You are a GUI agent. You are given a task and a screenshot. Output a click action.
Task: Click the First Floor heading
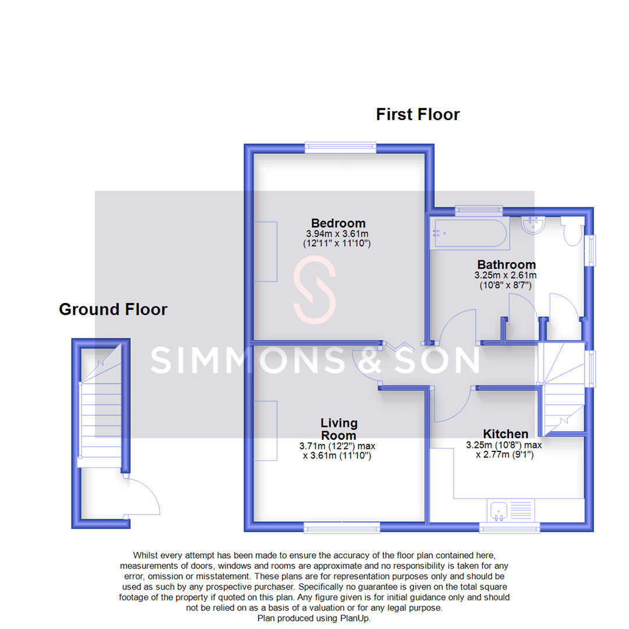click(418, 114)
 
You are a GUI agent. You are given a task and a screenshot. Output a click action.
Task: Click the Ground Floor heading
click(113, 309)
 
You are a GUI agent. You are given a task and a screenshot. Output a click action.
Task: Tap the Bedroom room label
click(338, 223)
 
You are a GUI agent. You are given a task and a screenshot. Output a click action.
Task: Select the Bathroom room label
click(506, 264)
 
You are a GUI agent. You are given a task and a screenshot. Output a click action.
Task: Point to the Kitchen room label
click(506, 434)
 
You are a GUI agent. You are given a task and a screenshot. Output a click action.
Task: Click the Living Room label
click(339, 429)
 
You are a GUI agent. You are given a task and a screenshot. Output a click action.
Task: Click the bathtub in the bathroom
click(468, 234)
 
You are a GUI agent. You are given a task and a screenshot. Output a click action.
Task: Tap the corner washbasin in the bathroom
click(533, 225)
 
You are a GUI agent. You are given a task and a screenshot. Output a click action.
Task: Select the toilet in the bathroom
click(572, 231)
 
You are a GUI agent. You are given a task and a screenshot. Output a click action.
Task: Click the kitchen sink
click(499, 511)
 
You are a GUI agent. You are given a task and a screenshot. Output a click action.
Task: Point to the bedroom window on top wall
click(341, 148)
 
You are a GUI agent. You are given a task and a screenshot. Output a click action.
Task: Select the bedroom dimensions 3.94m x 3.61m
click(338, 234)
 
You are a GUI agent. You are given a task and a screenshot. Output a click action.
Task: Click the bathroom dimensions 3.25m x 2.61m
click(506, 275)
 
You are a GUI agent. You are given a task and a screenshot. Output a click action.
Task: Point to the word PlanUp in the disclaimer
click(355, 618)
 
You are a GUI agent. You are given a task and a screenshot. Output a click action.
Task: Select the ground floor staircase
click(101, 408)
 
